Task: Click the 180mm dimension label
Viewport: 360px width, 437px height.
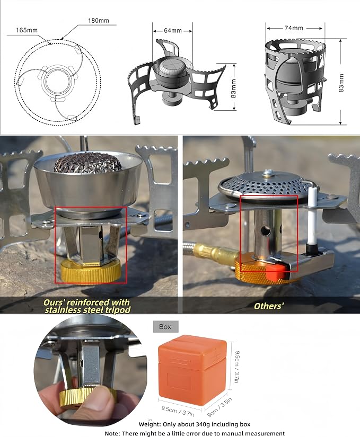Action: pos(99,21)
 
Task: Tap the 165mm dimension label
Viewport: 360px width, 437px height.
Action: pos(27,30)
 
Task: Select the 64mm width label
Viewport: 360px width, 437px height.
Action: pos(173,30)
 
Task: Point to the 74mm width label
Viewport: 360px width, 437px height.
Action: pos(294,28)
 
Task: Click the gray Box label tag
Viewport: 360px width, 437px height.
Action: pos(165,327)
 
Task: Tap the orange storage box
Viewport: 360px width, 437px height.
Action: pos(192,370)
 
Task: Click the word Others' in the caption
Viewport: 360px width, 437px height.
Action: pos(269,306)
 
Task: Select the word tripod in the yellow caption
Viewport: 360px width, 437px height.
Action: pos(118,310)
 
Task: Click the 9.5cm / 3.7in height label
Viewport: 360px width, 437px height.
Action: pos(237,367)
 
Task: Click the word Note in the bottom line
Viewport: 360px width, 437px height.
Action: pos(112,434)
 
